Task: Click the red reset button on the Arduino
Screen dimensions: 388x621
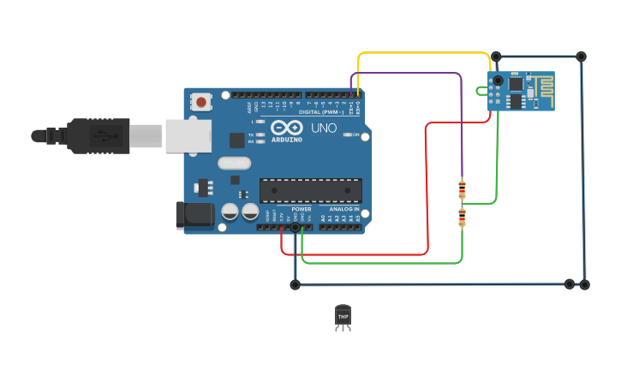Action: tap(201, 103)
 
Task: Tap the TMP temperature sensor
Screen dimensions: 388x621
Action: tap(343, 316)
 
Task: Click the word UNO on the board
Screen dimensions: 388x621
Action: tap(324, 128)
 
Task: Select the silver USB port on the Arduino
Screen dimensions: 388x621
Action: tap(188, 136)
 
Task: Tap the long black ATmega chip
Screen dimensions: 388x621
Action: tap(310, 191)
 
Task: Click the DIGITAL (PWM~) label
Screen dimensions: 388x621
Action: tap(321, 112)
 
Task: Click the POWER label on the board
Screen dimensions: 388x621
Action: tap(301, 208)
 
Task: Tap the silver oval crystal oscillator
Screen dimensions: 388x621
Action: tap(234, 163)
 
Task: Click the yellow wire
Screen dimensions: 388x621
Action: tap(424, 53)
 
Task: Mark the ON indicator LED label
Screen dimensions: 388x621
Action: tap(355, 134)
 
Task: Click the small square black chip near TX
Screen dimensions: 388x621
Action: tap(236, 140)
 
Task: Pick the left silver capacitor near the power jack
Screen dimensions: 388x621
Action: tap(230, 212)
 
